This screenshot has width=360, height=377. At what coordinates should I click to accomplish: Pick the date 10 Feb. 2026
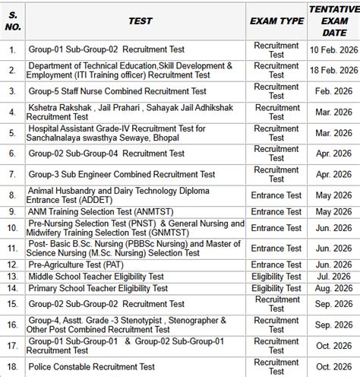[x=333, y=50]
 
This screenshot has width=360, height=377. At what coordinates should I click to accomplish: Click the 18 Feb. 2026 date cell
[x=333, y=71]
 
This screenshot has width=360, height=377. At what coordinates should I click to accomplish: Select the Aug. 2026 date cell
[x=333, y=288]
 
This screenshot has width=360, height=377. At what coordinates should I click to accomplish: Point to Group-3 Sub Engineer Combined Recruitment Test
[x=121, y=174]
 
